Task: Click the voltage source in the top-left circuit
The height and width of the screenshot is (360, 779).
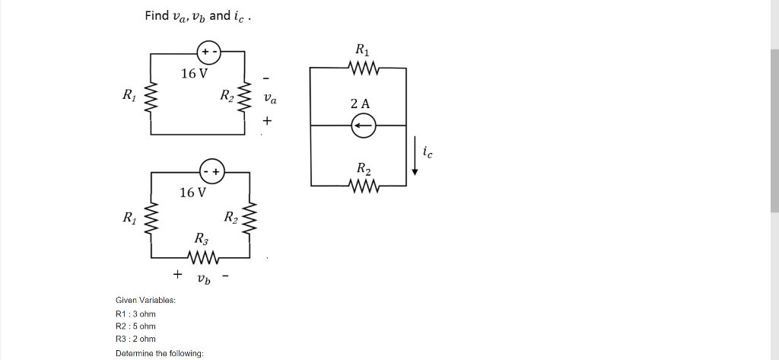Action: click(x=208, y=53)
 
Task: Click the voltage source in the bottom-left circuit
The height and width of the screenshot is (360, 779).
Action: click(x=211, y=171)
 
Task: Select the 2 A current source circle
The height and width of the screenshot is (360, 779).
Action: click(x=363, y=126)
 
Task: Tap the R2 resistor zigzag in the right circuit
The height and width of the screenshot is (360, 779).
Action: click(x=362, y=185)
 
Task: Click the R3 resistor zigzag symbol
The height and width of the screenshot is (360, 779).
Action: click(x=205, y=256)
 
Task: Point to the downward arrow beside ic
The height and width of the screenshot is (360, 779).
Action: click(x=415, y=156)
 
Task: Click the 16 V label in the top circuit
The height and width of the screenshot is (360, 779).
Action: click(x=194, y=74)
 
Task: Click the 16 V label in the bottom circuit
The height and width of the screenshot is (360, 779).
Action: click(x=192, y=193)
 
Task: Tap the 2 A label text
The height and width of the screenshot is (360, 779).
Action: click(x=361, y=104)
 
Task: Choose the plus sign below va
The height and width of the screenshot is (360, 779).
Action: click(x=267, y=121)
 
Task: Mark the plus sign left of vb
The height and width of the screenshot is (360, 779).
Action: click(x=178, y=273)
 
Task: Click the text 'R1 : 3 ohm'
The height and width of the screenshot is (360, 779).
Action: click(x=135, y=314)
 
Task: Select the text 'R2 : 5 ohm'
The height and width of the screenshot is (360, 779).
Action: click(x=135, y=326)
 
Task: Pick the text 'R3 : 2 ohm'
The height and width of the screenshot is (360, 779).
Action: click(x=135, y=339)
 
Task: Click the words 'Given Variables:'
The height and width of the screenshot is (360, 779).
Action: click(x=145, y=300)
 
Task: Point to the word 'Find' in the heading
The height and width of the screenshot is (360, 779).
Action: click(x=157, y=16)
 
